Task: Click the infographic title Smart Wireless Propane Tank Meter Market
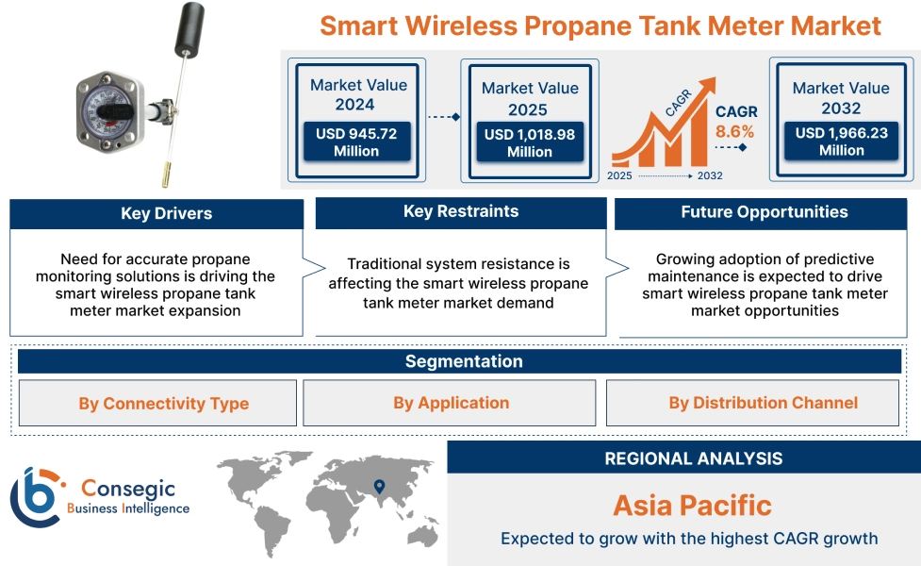click(600, 25)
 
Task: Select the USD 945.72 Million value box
click(356, 142)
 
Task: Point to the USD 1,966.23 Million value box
click(841, 142)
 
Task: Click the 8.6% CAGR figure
click(734, 132)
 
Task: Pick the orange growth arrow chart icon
click(660, 132)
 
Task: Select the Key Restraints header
click(460, 211)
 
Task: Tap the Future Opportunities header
click(764, 212)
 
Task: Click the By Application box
click(451, 403)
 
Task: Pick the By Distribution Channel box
click(763, 403)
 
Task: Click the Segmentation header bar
click(463, 361)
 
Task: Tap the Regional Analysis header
click(693, 458)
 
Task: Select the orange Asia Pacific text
click(692, 505)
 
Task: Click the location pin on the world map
click(379, 487)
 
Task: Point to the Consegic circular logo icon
click(36, 496)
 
